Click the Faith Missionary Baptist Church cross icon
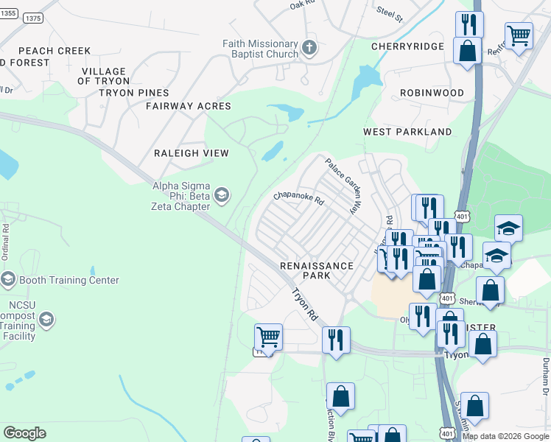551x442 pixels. (x=309, y=49)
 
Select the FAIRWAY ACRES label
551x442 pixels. (x=188, y=106)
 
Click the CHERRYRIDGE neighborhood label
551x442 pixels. (x=407, y=46)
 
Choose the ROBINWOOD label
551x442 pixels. (x=432, y=93)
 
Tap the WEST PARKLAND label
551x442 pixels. (x=407, y=132)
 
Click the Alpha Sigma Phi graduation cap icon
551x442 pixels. (x=222, y=195)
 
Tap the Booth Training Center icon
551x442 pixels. (x=8, y=280)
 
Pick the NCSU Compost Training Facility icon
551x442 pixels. (x=46, y=320)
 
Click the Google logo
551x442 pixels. (x=24, y=433)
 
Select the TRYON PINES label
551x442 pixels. (x=134, y=93)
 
